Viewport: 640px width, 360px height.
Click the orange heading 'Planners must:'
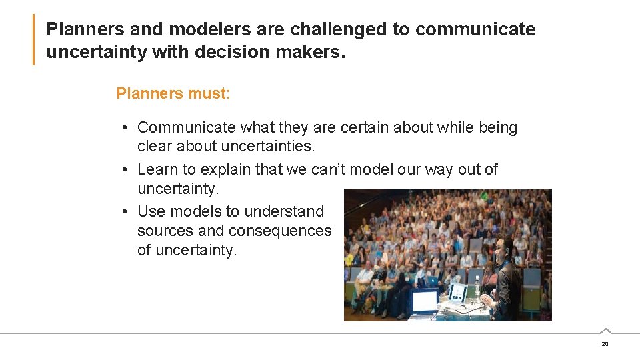(x=173, y=93)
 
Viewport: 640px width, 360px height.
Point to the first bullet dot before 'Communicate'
(x=125, y=128)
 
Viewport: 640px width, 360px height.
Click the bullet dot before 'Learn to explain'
(x=125, y=170)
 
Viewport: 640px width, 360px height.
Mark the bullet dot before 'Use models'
(x=125, y=212)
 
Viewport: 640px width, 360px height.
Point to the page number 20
(x=605, y=344)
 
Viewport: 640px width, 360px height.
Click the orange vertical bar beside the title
(x=33, y=40)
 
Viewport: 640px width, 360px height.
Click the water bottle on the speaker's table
(x=477, y=285)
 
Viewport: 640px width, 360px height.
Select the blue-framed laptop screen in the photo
(x=425, y=301)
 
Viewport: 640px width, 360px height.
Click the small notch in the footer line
(x=605, y=331)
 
